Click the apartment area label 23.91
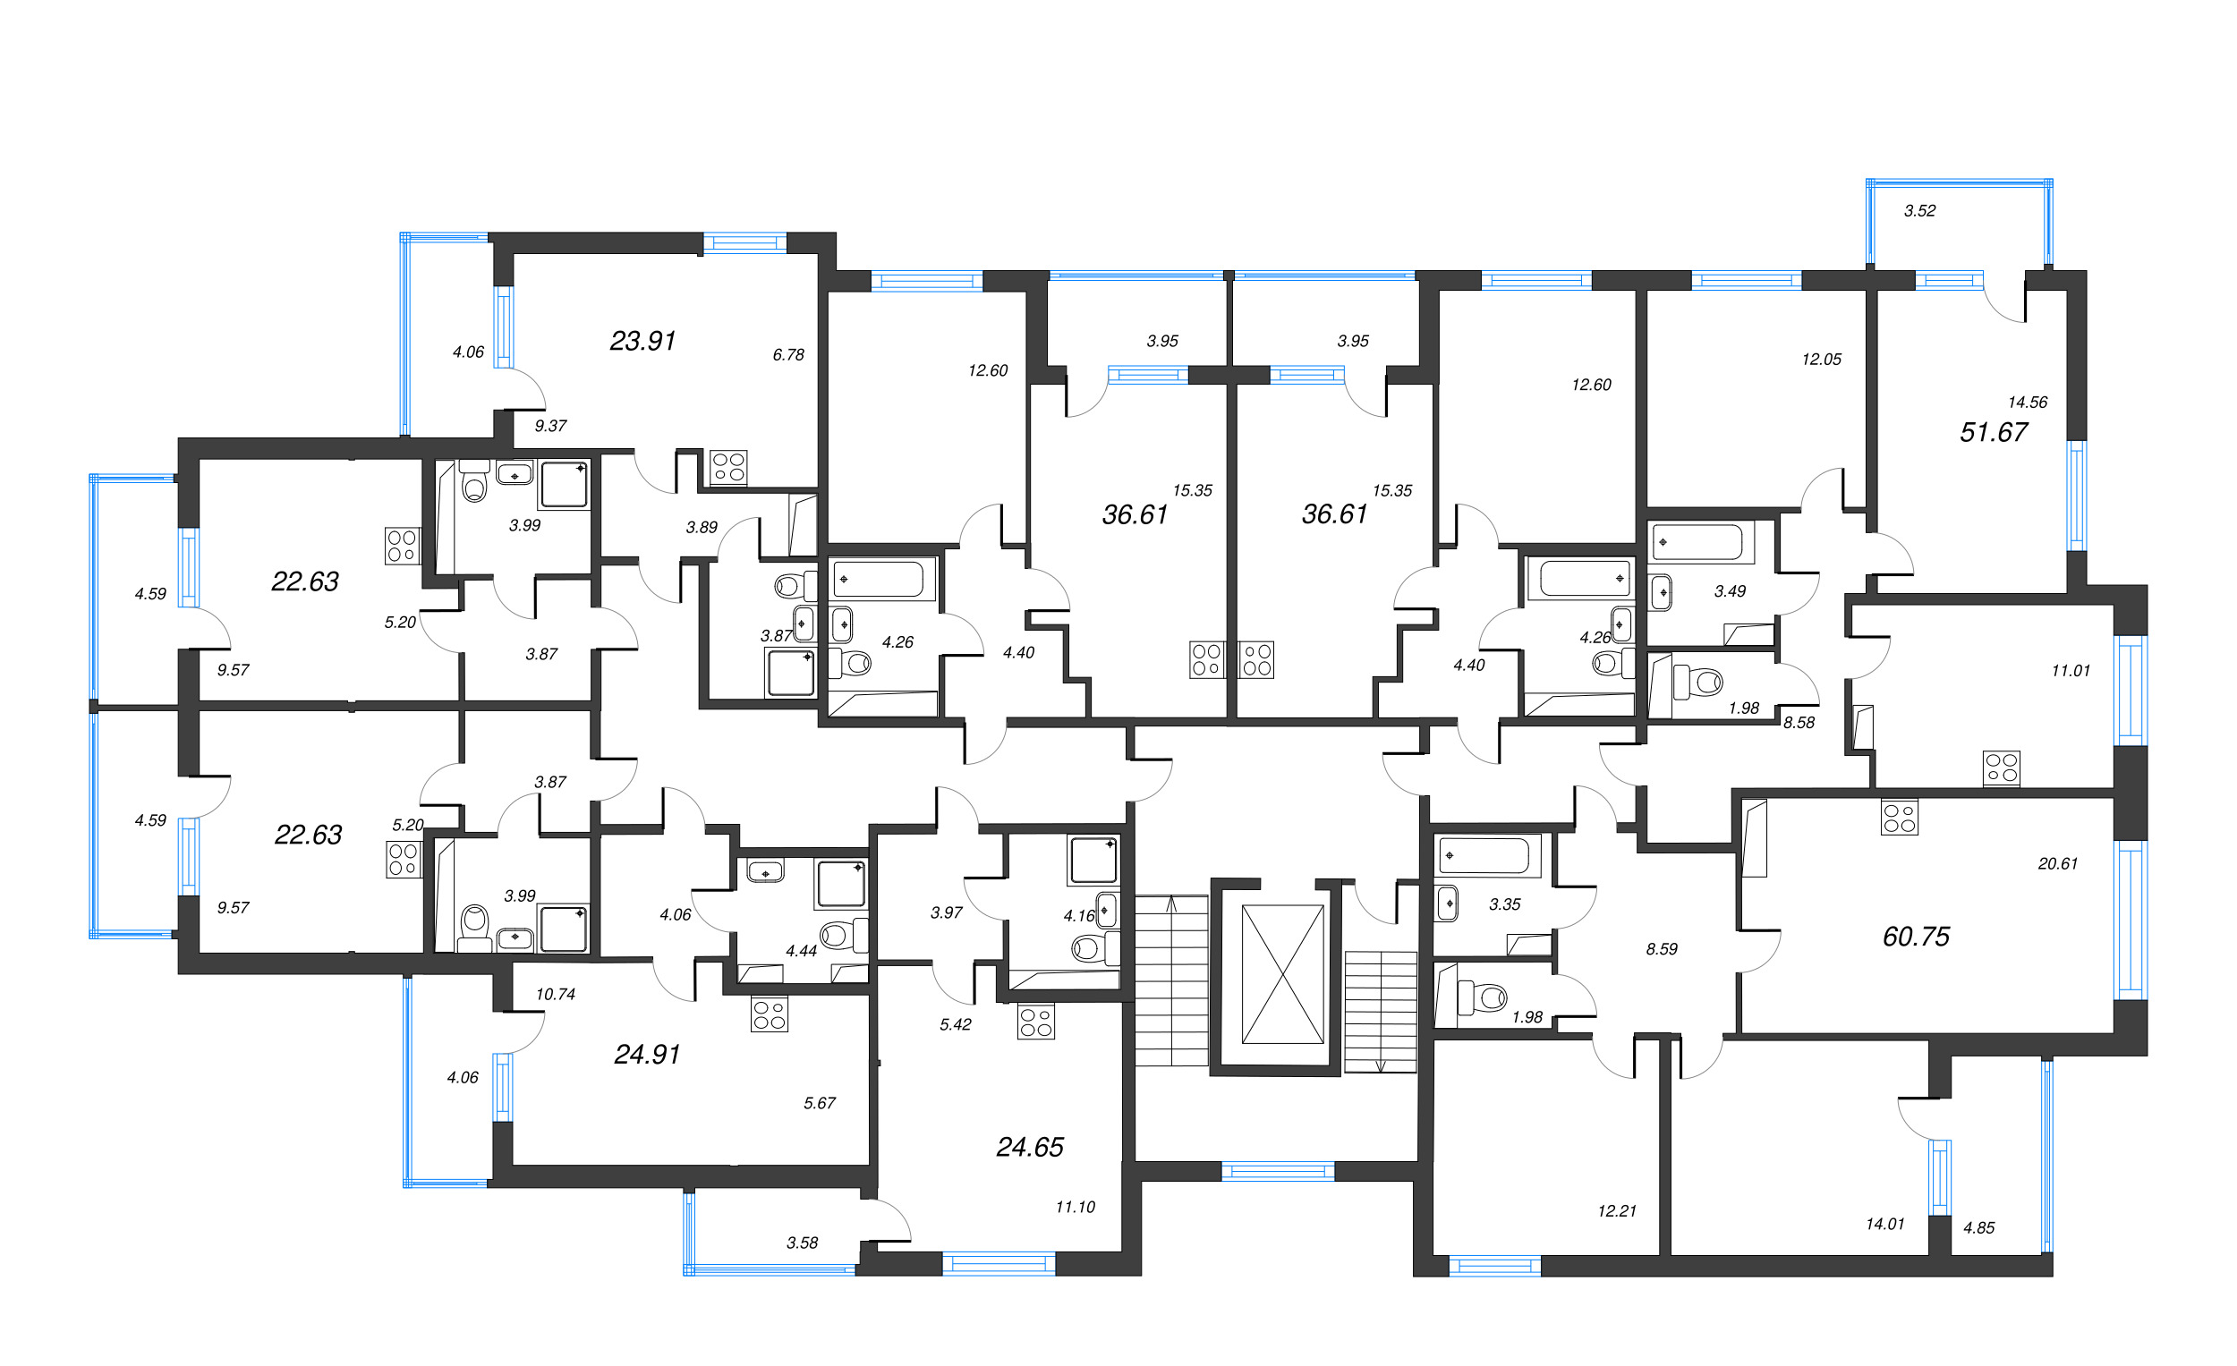[x=642, y=341]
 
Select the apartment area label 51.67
[x=1993, y=432]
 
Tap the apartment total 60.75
[x=1916, y=937]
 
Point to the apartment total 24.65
[x=1030, y=1147]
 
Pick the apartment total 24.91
[x=646, y=1055]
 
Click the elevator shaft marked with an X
[x=1282, y=974]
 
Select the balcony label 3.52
[x=1919, y=210]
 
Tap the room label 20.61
[x=2057, y=864]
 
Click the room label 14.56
[x=2028, y=402]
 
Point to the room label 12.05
[x=1821, y=360]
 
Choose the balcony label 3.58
[x=802, y=1243]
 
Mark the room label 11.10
[x=1075, y=1207]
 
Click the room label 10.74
[x=555, y=994]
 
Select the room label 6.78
[x=788, y=355]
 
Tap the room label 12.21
[x=1616, y=1211]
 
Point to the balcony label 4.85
[x=1978, y=1228]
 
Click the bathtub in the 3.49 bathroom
[x=1696, y=543]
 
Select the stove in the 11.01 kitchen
[x=2001, y=768]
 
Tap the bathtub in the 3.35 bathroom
[x=1486, y=855]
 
